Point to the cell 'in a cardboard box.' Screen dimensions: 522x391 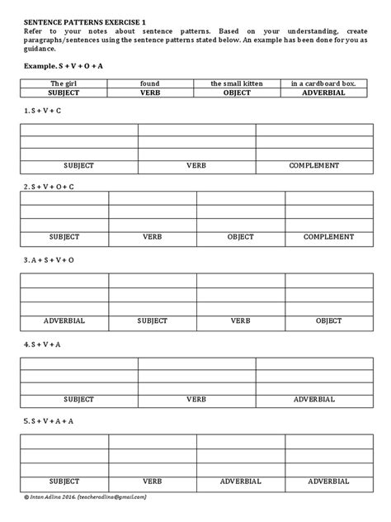325,83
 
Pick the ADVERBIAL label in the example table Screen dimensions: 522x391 325,93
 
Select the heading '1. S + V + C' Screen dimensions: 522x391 44,109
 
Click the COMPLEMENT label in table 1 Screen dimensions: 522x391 314,166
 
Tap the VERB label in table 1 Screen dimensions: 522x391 196,166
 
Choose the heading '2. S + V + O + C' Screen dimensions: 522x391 49,187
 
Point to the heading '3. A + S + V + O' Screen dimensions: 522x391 49,258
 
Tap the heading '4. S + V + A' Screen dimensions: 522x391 44,341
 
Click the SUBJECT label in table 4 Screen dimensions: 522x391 78,399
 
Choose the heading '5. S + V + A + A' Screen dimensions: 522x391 49,420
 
